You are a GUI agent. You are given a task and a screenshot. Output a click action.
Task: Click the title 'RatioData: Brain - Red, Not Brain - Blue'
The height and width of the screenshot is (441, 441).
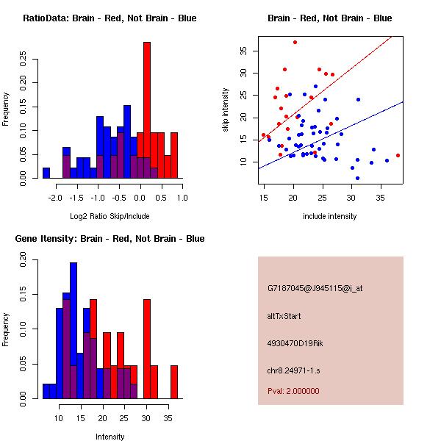(109, 18)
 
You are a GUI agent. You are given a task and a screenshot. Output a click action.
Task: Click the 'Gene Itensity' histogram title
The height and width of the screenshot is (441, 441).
(109, 239)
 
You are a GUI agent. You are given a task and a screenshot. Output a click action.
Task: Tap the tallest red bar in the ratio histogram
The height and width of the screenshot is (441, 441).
(147, 110)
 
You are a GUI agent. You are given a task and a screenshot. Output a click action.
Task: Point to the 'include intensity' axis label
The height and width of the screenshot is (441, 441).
(329, 216)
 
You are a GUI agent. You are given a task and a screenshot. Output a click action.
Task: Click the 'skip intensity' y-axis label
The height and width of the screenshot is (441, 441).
(226, 110)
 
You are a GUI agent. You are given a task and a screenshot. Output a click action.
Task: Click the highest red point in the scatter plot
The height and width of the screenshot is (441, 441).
(295, 43)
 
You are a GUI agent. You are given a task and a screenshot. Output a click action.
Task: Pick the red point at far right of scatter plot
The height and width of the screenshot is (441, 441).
(398, 155)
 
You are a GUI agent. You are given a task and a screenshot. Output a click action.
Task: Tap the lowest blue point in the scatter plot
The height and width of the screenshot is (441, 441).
(357, 178)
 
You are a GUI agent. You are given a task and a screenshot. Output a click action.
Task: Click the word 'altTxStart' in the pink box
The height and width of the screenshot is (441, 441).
(284, 316)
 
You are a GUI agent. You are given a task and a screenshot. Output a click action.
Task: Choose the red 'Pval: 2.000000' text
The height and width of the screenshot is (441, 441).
(293, 391)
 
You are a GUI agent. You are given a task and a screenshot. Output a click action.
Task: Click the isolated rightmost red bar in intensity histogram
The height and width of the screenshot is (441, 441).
(174, 382)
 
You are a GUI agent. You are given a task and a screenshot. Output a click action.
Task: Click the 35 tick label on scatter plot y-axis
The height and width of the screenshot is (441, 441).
(243, 51)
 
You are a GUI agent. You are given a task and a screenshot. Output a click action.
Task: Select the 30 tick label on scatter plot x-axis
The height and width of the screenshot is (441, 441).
(351, 198)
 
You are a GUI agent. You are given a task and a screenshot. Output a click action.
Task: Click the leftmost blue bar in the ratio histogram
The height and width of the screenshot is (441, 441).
(46, 173)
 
